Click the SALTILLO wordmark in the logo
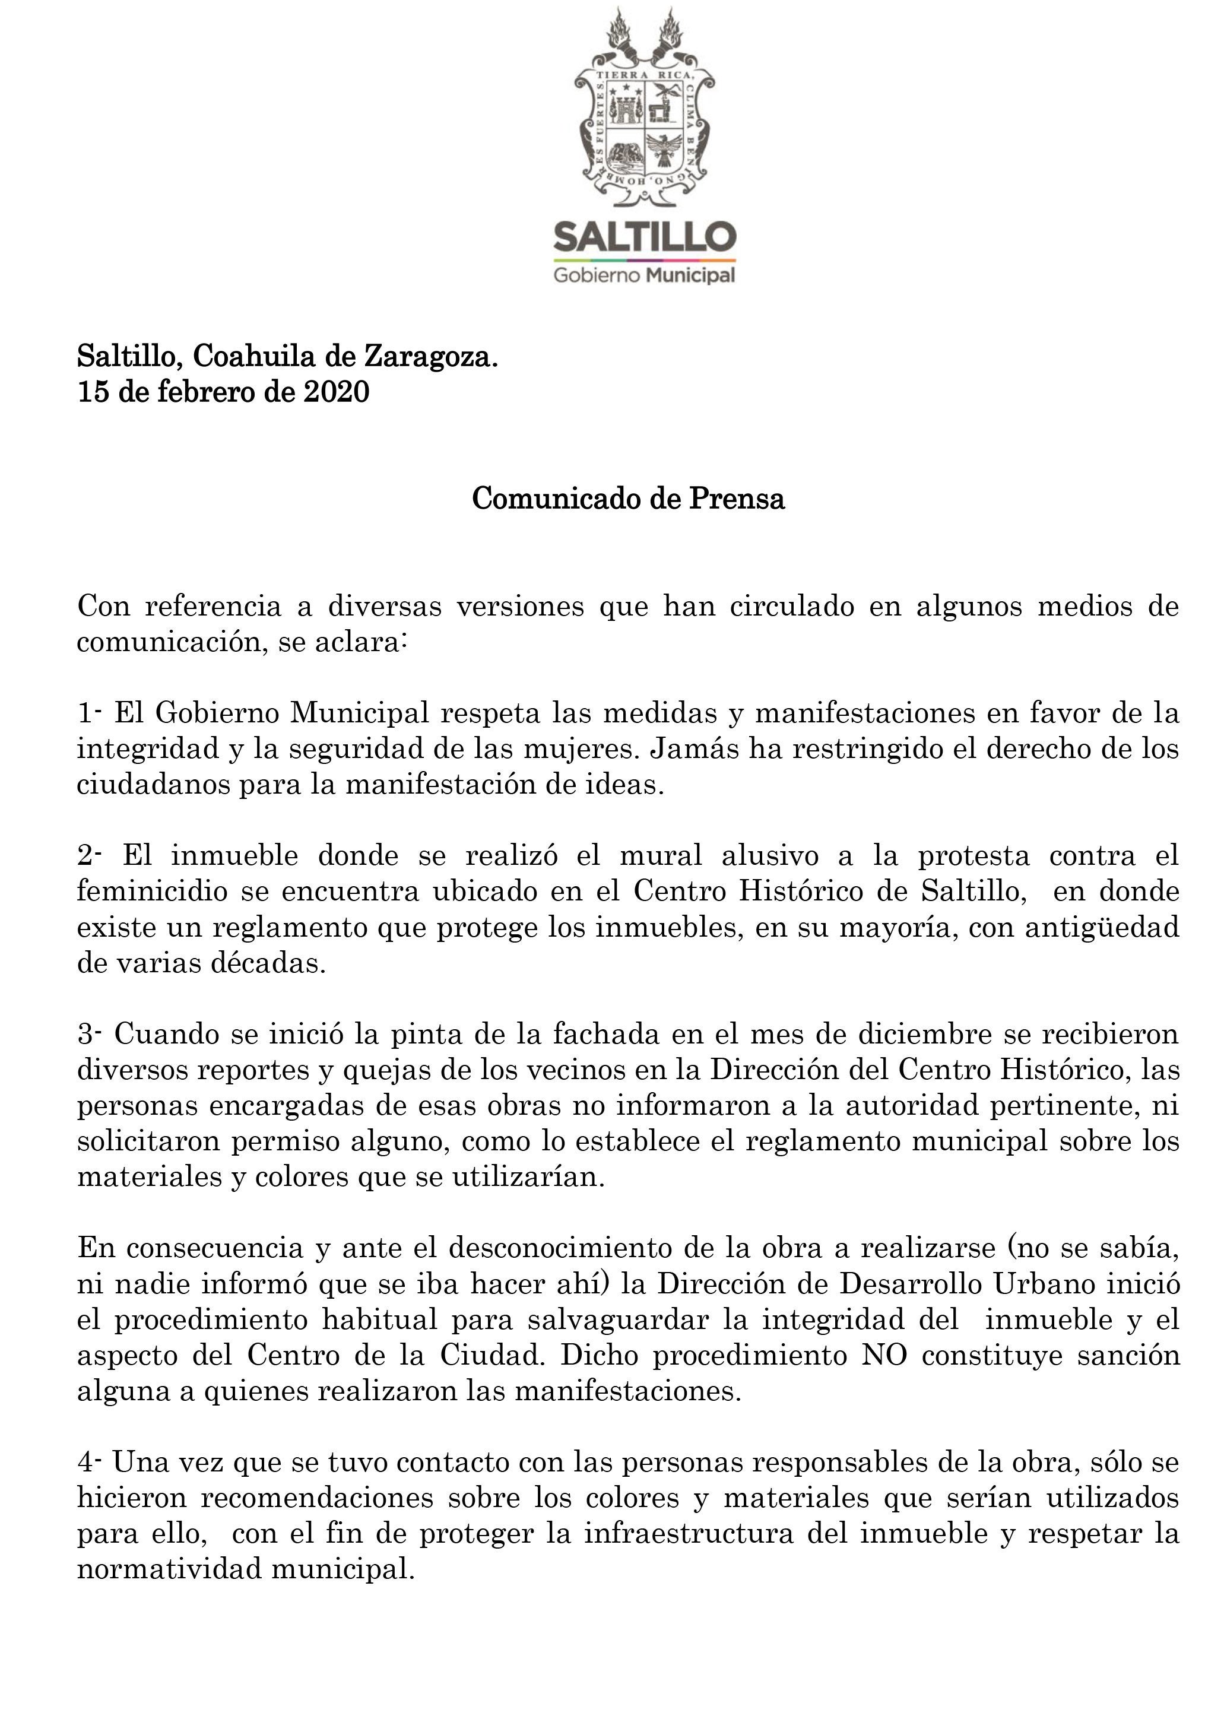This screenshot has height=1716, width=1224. click(x=645, y=237)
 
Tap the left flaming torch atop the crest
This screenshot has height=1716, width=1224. click(x=619, y=34)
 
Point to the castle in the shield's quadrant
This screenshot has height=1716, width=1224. click(x=625, y=110)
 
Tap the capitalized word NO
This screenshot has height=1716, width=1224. click(x=884, y=1356)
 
